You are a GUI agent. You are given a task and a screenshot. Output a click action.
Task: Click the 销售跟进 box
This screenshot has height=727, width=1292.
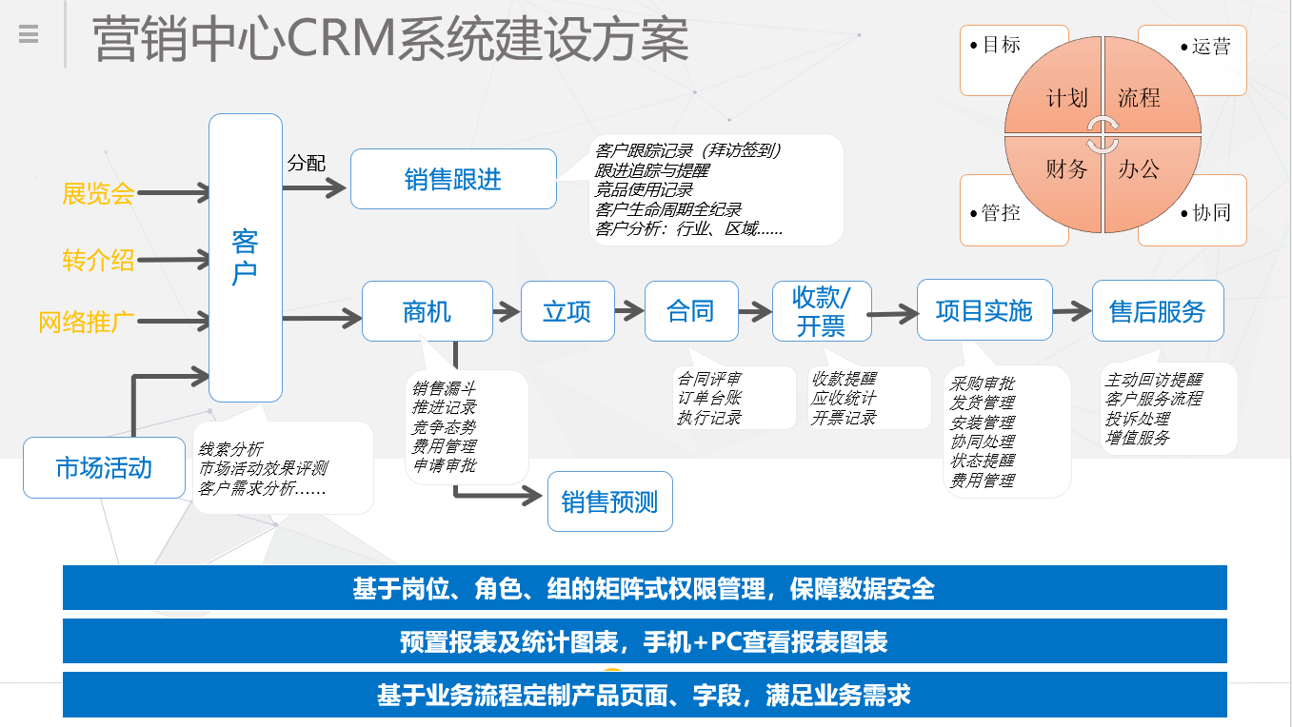[453, 179]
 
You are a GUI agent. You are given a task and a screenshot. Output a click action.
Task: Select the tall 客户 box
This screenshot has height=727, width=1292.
[245, 258]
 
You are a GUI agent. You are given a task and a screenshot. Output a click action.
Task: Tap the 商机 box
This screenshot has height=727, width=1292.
[427, 311]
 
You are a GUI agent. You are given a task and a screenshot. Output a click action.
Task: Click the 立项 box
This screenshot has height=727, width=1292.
[566, 311]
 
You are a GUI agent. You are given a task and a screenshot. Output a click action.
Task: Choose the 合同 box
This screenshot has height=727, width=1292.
[690, 311]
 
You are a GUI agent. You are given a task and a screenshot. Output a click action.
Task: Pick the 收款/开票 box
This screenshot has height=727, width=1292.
[821, 311]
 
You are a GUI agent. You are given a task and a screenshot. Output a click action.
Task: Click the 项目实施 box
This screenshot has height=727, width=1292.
[984, 310]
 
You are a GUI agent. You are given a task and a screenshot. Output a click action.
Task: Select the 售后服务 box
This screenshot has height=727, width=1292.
[1157, 311]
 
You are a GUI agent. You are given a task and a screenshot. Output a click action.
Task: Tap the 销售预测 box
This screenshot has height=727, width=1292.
[609, 501]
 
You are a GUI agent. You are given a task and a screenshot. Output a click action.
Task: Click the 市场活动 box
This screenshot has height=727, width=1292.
[104, 467]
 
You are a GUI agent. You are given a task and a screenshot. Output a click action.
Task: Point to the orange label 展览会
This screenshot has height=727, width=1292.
[98, 194]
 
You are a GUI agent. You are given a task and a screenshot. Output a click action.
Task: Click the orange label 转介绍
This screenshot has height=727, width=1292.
[98, 260]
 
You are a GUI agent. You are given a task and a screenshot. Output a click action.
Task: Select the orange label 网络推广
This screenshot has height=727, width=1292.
[86, 322]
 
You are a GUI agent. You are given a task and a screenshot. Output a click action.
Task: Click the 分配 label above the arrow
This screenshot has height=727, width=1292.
[307, 163]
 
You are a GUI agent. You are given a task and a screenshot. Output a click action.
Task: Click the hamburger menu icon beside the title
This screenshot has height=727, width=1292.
[29, 35]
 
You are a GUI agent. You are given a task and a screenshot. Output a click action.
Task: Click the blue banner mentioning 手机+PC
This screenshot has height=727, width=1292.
[645, 641]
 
